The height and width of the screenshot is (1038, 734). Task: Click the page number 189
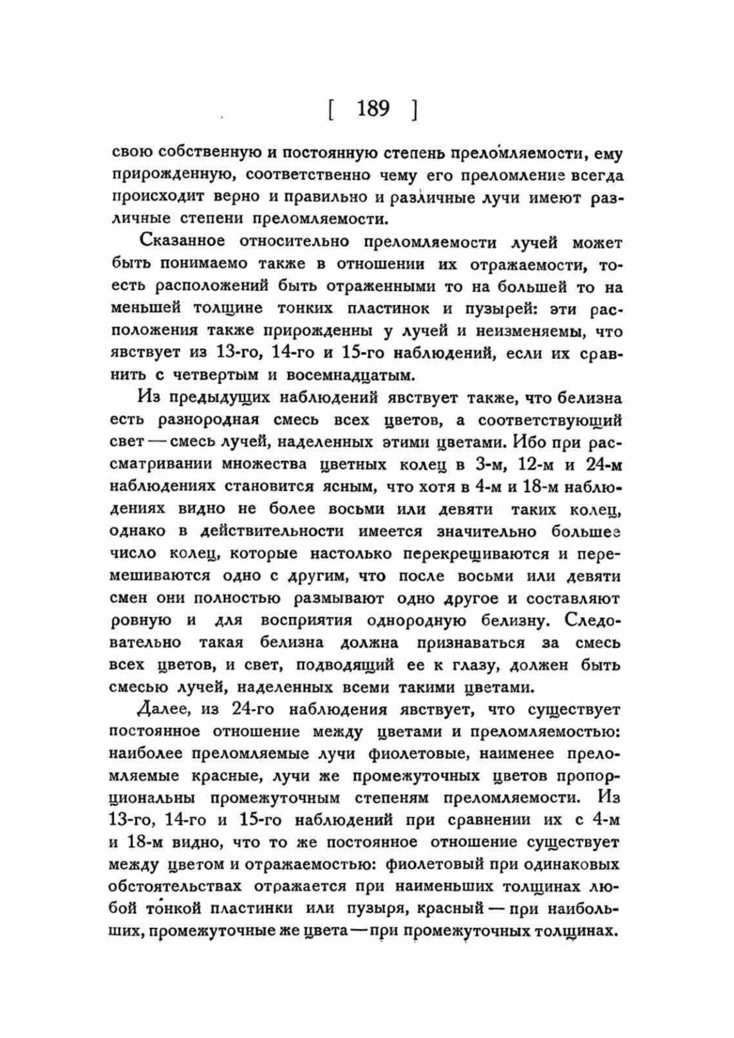373,108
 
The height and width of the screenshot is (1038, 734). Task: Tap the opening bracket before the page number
330,109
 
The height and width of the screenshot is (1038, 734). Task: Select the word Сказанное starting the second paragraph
182,241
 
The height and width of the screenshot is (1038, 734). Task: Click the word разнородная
208,420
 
